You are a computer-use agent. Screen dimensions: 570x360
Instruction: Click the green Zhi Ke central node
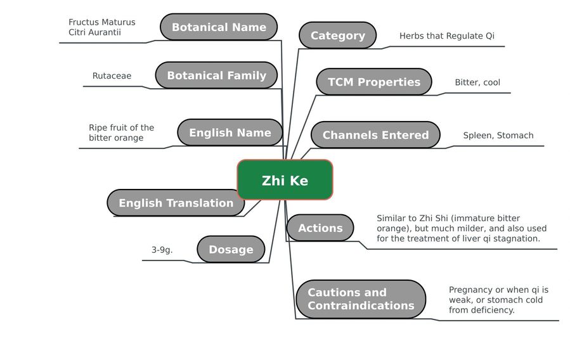285,180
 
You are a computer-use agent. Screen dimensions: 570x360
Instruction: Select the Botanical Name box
219,27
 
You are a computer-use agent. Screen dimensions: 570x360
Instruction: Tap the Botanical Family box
216,75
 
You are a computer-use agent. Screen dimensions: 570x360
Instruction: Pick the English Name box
230,132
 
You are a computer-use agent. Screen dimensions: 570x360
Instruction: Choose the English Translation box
176,203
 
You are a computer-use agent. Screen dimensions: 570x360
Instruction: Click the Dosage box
231,249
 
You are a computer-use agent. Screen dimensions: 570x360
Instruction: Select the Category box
338,35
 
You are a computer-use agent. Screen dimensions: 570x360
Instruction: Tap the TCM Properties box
374,82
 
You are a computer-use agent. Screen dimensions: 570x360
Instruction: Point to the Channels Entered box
375,135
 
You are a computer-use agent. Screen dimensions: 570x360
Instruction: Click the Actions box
320,228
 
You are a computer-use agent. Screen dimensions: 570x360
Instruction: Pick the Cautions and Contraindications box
361,299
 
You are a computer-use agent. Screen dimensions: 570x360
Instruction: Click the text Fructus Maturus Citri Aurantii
102,27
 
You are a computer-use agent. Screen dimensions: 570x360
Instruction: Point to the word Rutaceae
112,75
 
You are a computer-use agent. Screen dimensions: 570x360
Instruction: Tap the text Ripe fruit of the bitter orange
121,132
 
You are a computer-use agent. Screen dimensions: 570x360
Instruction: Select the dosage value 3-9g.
162,250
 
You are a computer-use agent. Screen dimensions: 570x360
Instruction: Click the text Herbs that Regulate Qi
447,36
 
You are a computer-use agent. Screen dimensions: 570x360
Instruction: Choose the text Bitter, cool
477,82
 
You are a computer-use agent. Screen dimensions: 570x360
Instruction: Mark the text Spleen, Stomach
498,136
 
